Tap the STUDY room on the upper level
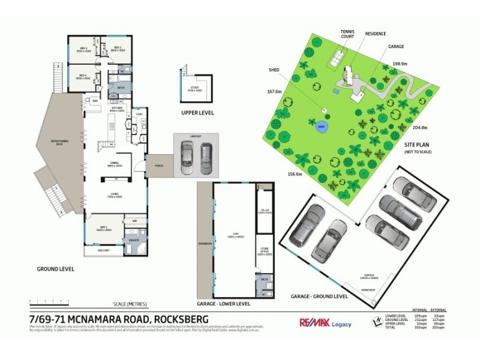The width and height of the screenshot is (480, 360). pos(196,89)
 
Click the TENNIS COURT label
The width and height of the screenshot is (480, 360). pos(347,34)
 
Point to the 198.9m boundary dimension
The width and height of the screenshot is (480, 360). pos(400,64)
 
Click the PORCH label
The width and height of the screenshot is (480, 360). pos(159,166)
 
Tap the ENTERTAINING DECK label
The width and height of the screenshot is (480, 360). pos(59,142)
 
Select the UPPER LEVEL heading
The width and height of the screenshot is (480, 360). pos(197,113)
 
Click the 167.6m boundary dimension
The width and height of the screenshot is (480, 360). pos(274,92)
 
